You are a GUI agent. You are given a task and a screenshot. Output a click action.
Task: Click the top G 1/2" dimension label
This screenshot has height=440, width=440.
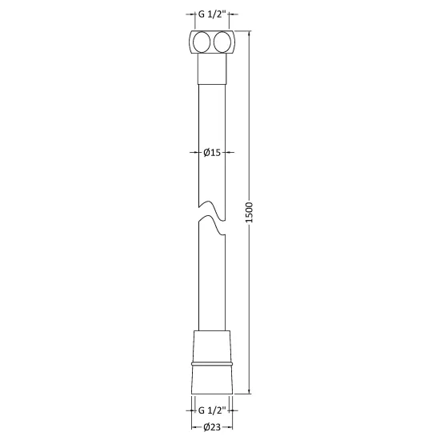pyautogui.click(x=212, y=14)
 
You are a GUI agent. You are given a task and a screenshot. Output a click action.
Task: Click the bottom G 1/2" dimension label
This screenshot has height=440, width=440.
pyautogui.click(x=212, y=410)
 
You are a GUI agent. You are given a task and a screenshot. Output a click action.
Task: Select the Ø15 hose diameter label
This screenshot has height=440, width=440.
pyautogui.click(x=212, y=152)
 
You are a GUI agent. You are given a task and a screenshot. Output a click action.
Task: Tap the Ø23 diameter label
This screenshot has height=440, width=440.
pyautogui.click(x=212, y=427)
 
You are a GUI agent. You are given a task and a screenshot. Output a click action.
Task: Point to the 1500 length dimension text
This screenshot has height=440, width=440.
pyautogui.click(x=249, y=212)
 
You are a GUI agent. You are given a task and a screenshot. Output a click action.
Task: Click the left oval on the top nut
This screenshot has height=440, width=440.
pyautogui.click(x=202, y=42)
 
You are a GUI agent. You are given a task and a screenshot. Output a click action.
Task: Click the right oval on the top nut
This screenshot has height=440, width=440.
pyautogui.click(x=222, y=42)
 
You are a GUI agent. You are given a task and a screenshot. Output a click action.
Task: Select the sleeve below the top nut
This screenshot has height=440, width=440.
pyautogui.click(x=212, y=69)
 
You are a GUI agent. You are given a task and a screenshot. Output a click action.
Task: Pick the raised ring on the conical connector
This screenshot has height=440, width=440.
pyautogui.click(x=212, y=364)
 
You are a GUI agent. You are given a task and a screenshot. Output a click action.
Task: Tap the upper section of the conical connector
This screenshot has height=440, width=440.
pyautogui.click(x=212, y=346)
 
